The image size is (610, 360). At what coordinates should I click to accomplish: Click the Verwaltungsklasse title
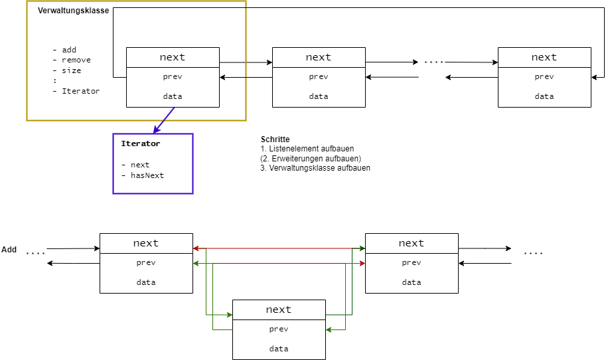click(73, 11)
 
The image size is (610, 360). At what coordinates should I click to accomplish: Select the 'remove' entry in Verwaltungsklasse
click(76, 60)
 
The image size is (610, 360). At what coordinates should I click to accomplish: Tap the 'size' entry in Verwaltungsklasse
click(71, 70)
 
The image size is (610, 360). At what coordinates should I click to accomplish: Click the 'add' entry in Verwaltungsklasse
click(69, 50)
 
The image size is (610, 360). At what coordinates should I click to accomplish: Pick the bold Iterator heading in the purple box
click(140, 143)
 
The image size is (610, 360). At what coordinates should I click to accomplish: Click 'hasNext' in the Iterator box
click(147, 175)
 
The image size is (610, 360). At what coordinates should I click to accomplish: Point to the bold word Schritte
click(275, 139)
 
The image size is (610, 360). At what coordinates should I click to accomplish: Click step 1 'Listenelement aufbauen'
click(307, 149)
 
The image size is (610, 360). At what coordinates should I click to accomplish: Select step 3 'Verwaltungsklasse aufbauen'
click(315, 168)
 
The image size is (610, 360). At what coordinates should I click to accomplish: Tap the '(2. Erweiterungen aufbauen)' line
click(311, 159)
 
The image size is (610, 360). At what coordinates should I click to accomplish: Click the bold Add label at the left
click(9, 250)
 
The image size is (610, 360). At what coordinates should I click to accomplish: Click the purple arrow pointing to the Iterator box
click(163, 120)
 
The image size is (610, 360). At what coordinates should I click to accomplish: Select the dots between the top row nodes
click(433, 62)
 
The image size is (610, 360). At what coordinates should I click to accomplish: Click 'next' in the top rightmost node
click(544, 57)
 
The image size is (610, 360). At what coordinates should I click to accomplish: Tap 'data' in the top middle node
click(319, 96)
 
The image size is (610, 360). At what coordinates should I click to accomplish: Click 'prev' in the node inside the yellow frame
click(173, 76)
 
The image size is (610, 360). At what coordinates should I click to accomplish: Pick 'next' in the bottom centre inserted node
click(279, 310)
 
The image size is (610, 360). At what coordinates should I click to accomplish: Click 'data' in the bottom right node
click(412, 282)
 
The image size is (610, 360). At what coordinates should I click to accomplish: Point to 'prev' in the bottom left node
click(146, 262)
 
